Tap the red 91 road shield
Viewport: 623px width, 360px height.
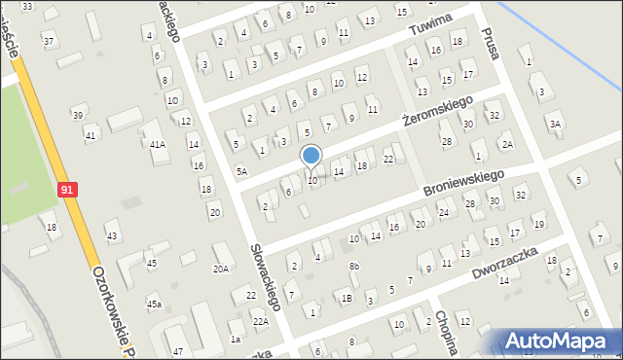pos(66,191)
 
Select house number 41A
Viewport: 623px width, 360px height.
pos(157,144)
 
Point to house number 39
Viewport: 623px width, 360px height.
pos(78,116)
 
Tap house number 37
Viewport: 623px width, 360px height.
pos(49,41)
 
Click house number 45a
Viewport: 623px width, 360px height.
pos(154,305)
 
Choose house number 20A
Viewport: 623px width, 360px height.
pos(221,269)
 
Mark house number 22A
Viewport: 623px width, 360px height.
pos(260,321)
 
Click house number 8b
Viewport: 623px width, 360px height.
pos(354,266)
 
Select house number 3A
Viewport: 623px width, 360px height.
pos(555,124)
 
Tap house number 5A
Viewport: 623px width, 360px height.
pos(240,171)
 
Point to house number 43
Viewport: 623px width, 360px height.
pos(112,236)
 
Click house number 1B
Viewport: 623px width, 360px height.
pos(347,299)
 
